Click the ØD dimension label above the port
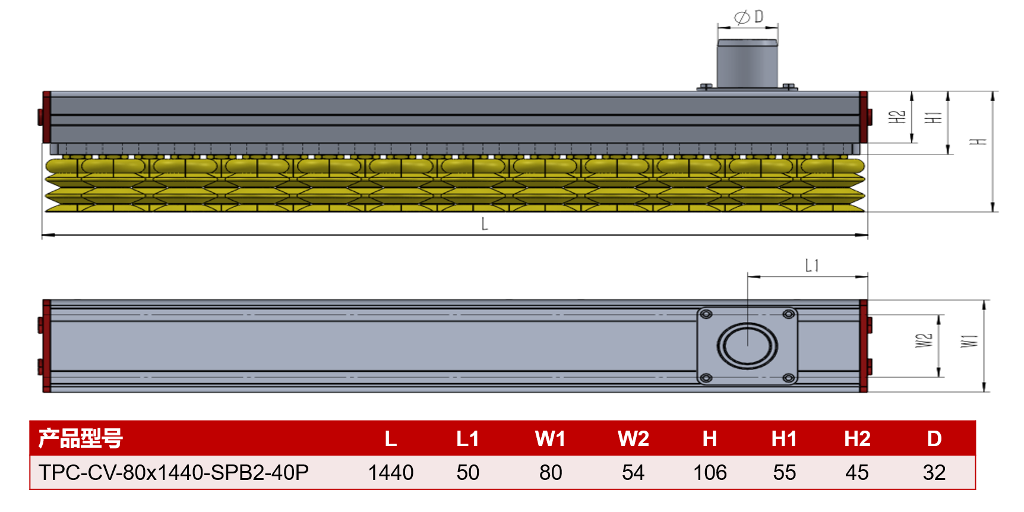[748, 17]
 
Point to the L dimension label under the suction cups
[485, 224]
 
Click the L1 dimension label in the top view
[812, 266]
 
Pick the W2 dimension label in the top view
[924, 340]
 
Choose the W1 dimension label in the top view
[969, 341]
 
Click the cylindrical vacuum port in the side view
[747, 64]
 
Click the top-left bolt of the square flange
[706, 314]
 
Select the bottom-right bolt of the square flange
[789, 378]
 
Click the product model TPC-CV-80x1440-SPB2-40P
[173, 473]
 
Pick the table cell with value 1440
[390, 473]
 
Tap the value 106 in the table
[710, 473]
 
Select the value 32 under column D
[934, 473]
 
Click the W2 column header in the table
[633, 439]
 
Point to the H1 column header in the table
[784, 439]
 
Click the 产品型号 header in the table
[80, 438]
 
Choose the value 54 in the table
[633, 473]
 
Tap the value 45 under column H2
[857, 473]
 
